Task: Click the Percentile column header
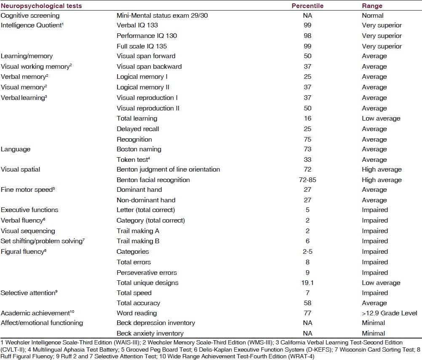(307, 5)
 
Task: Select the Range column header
(372, 5)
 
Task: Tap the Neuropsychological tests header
(41, 5)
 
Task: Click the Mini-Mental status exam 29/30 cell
(162, 15)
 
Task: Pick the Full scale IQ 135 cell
(142, 46)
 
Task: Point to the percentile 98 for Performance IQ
(307, 35)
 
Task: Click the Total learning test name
(137, 118)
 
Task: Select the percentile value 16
(307, 118)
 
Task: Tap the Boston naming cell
(139, 149)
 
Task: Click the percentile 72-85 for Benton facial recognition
(307, 180)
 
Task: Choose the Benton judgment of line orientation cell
(168, 169)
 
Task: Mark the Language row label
(15, 149)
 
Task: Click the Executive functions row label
(29, 210)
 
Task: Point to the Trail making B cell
(138, 241)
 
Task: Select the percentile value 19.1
(307, 283)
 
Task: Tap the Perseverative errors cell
(147, 272)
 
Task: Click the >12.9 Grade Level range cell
(390, 313)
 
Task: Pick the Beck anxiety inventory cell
(150, 333)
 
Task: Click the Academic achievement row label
(37, 313)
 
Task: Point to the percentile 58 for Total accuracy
(307, 303)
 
